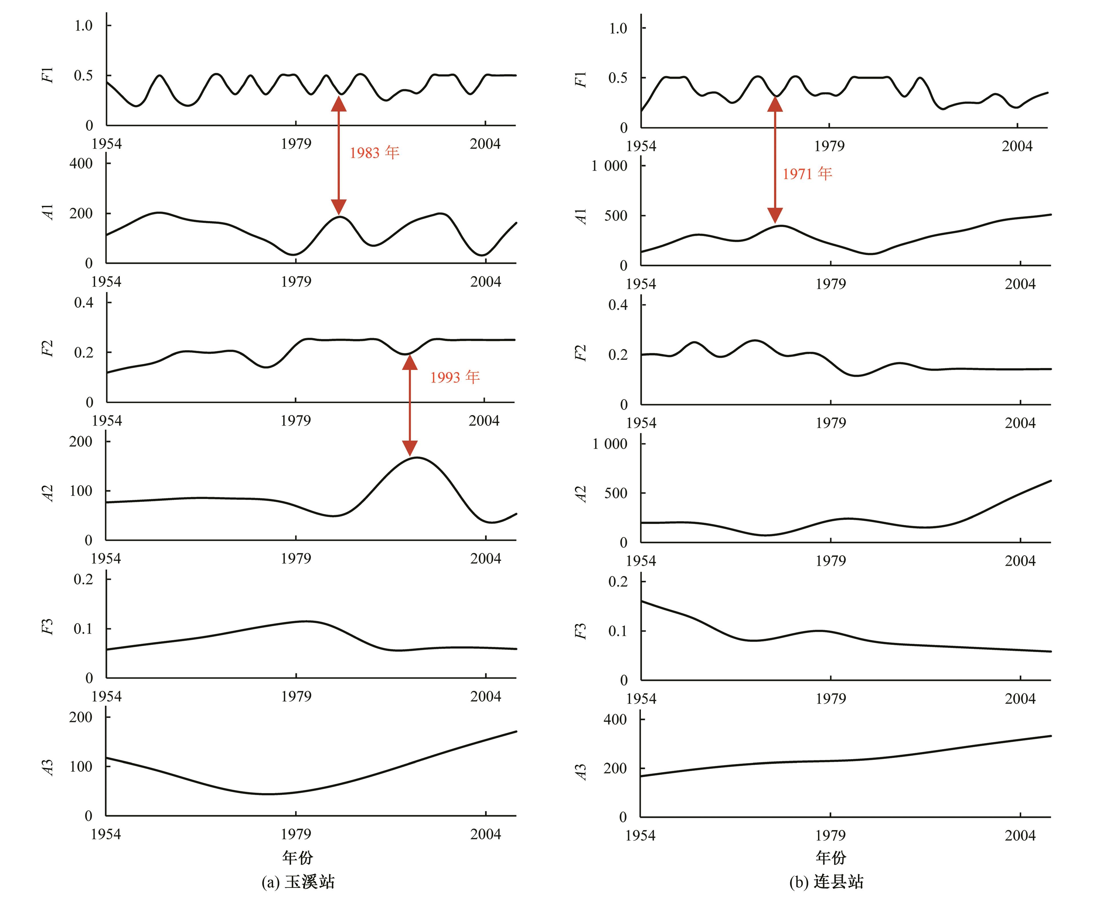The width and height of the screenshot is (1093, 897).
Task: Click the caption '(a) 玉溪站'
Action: click(x=298, y=881)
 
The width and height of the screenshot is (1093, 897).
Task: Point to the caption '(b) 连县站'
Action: click(x=826, y=881)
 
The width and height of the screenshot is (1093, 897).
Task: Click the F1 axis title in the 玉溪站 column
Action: click(x=47, y=75)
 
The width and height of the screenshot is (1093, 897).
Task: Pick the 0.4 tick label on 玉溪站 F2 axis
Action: click(x=84, y=302)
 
